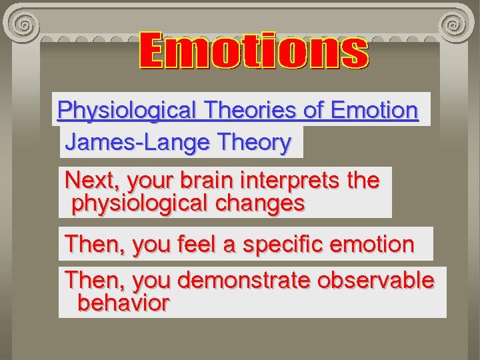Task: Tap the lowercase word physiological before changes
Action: pyautogui.click(x=140, y=203)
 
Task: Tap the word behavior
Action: pyautogui.click(x=123, y=303)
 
